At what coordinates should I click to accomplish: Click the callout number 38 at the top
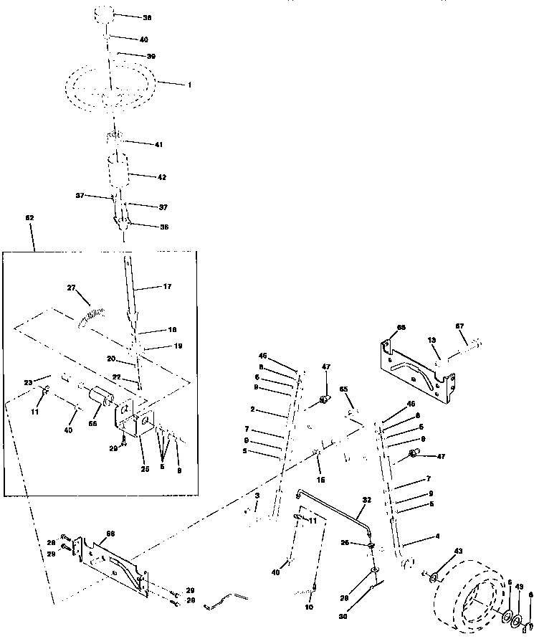click(x=148, y=16)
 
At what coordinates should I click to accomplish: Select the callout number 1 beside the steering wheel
click(x=189, y=85)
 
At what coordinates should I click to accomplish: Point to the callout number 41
click(x=158, y=144)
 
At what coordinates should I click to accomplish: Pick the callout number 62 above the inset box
click(x=29, y=217)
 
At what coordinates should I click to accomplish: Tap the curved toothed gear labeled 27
click(x=91, y=315)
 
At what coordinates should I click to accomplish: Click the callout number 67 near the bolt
click(x=460, y=326)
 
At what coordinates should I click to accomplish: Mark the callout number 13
click(x=431, y=340)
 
